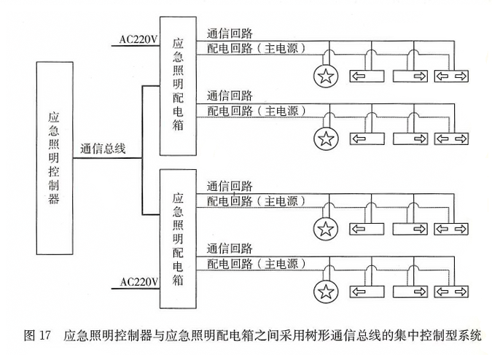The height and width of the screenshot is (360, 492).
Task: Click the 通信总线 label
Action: pos(104,149)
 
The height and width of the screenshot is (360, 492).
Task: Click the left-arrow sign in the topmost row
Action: pos(367,75)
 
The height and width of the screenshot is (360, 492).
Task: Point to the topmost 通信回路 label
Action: pos(230,34)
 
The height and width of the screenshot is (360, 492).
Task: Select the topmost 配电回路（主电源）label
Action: pos(255,49)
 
